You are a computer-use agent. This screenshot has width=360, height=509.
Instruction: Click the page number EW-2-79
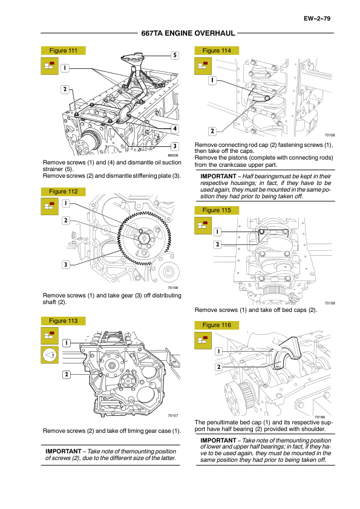(x=317, y=19)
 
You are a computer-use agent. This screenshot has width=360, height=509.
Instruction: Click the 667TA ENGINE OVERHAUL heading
(x=188, y=33)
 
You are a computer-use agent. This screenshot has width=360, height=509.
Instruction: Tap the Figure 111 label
(x=64, y=51)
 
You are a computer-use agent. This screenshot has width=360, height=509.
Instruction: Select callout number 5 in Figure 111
(x=175, y=55)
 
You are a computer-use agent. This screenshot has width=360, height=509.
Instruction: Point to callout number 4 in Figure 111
(x=175, y=129)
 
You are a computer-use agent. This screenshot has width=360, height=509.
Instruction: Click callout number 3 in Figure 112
(x=65, y=265)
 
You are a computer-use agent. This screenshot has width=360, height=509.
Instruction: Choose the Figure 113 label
(x=64, y=321)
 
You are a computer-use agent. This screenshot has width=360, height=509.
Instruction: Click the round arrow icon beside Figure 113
(x=50, y=355)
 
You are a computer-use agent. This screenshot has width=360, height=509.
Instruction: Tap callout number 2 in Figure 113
(x=67, y=375)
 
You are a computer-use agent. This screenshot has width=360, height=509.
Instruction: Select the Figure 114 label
(x=217, y=51)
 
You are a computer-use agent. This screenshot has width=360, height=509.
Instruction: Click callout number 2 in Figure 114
(x=212, y=131)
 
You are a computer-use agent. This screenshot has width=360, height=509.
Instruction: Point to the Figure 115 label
(x=217, y=210)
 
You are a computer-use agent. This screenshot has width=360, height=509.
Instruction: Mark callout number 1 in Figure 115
(x=217, y=232)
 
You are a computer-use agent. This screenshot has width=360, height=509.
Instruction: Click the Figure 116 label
(x=217, y=325)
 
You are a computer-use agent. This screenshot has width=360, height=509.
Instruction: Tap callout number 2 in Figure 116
(x=218, y=367)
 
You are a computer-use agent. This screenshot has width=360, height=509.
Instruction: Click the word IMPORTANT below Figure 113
(x=64, y=451)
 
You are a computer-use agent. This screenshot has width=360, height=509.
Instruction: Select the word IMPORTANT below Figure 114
(x=218, y=177)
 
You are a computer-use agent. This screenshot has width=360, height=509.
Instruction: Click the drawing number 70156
(x=173, y=288)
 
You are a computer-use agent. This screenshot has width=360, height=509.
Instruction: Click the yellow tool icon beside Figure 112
(x=50, y=206)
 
